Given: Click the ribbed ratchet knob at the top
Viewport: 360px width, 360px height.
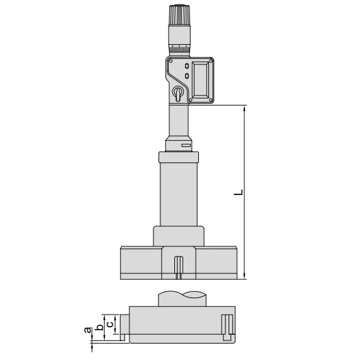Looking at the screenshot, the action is coord(179,15).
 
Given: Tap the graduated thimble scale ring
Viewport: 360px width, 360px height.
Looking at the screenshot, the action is coord(179,49).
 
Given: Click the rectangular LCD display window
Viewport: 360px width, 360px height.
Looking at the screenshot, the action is coord(200,80).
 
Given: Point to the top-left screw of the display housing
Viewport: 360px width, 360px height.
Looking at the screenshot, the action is coord(171,61).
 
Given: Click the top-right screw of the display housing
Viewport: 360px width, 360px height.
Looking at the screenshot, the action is coord(211,61).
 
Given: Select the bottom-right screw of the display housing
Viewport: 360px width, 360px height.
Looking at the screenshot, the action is coord(211,100).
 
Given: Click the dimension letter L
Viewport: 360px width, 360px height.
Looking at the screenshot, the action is coord(238,192).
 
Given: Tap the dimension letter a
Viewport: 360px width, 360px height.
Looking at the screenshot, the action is coord(87,330).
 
